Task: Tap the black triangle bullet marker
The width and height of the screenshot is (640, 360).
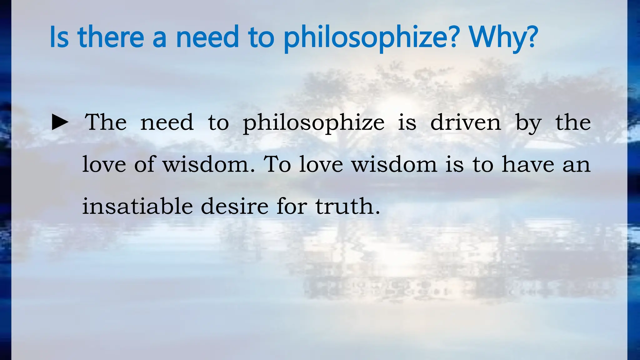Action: pyautogui.click(x=60, y=122)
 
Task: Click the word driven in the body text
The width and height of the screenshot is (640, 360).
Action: pyautogui.click(x=466, y=122)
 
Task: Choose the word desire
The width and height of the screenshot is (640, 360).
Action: pyautogui.click(x=235, y=206)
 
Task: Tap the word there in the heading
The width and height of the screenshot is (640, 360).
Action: pyautogui.click(x=111, y=37)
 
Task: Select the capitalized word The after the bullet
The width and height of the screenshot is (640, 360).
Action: pyautogui.click(x=106, y=122)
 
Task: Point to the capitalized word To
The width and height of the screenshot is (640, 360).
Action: pyautogui.click(x=277, y=164)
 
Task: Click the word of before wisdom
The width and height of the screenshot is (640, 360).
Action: pyautogui.click(x=144, y=164)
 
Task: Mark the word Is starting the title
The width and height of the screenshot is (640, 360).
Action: pyautogui.click(x=59, y=37)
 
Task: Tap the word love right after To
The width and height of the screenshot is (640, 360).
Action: pyautogui.click(x=321, y=164)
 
